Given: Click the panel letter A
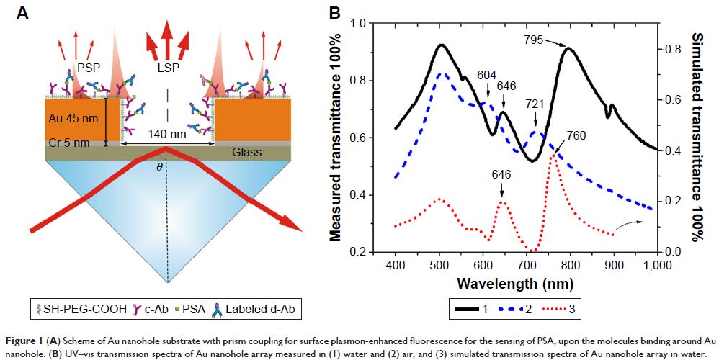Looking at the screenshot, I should point(24,12).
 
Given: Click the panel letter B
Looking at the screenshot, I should point(336,12).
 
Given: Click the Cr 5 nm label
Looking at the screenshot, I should point(70,143).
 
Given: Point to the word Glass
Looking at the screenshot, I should point(247,153).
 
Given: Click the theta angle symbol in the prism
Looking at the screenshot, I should point(160,166).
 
